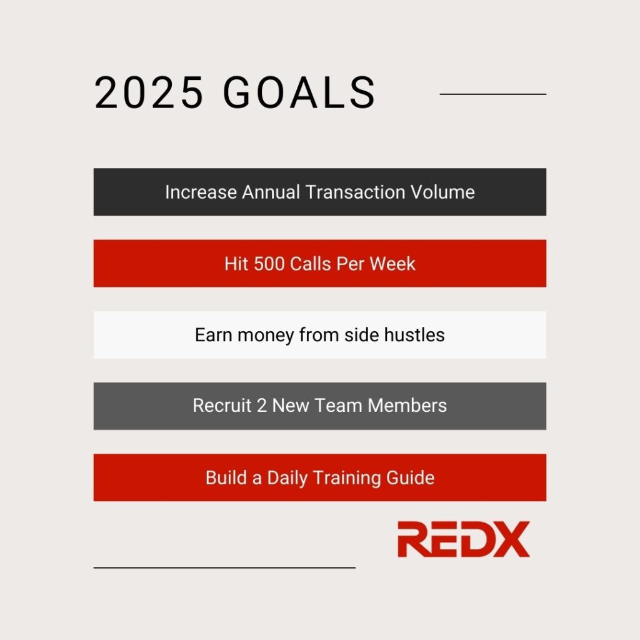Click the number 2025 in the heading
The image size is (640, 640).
[x=149, y=92]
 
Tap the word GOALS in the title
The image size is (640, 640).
[x=299, y=92]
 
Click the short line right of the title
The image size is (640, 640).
[x=492, y=94]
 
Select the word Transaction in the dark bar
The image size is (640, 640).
[x=355, y=192]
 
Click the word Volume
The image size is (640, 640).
[x=442, y=192]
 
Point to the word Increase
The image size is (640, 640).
[x=201, y=192]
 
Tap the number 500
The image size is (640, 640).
[x=269, y=264]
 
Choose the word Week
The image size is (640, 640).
[x=392, y=264]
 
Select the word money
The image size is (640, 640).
[x=266, y=336]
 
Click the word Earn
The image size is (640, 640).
[x=214, y=335]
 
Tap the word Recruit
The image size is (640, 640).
[x=222, y=405]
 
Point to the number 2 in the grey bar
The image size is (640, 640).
[x=262, y=406]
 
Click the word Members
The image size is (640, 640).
[x=407, y=405]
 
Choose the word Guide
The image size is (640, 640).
[x=410, y=477]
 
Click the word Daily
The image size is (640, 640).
[x=287, y=478]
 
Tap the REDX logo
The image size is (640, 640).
[x=464, y=539]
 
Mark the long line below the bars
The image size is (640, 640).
[x=224, y=567]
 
